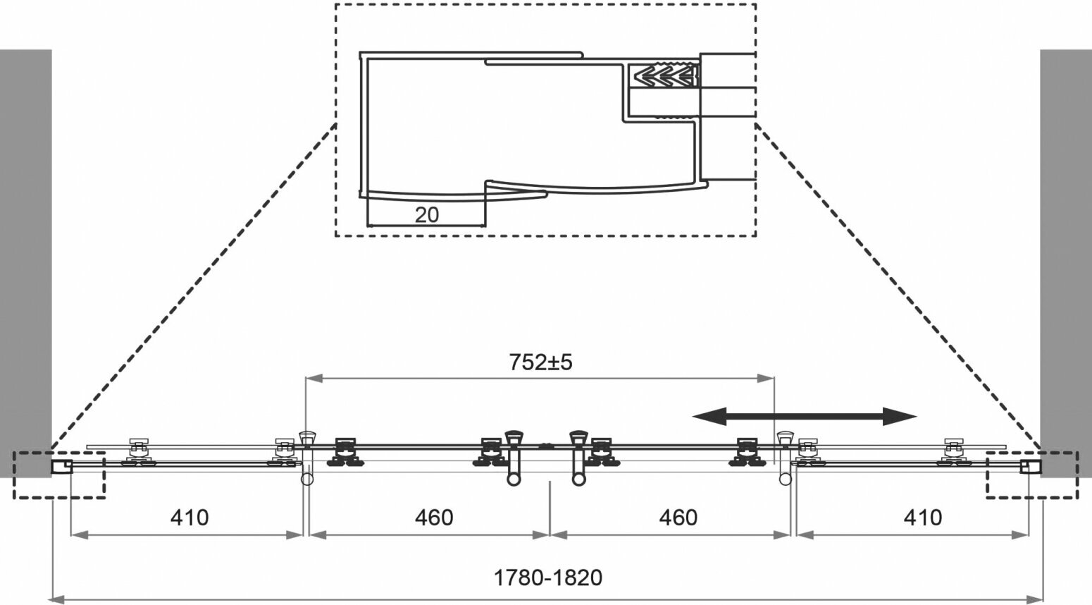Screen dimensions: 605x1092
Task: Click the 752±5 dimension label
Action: [541, 362]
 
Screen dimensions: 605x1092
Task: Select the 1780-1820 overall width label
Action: [547, 578]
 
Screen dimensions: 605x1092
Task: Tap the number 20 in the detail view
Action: [426, 214]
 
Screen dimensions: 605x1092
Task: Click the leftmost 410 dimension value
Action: [190, 518]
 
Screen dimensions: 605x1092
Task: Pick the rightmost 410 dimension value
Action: [922, 518]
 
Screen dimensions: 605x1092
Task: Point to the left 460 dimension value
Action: [434, 518]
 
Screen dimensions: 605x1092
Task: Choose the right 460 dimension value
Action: [678, 518]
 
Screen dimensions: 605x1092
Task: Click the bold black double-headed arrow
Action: [805, 416]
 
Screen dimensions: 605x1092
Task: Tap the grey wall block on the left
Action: [25, 261]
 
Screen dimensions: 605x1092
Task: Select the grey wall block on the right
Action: [1065, 261]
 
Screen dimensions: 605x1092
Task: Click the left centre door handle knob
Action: [514, 438]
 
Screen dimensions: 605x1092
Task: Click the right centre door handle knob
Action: [579, 438]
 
